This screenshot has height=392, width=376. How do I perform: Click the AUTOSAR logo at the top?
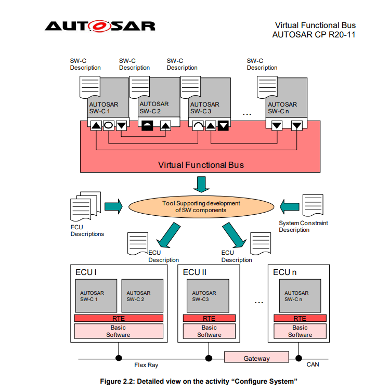(x=100, y=26)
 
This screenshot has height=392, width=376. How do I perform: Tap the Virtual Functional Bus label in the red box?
(x=201, y=165)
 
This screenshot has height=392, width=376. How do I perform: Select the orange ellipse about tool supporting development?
(x=200, y=206)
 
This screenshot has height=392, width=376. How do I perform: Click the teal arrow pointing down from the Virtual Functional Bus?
(x=200, y=184)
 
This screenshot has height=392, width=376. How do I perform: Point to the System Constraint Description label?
(x=303, y=226)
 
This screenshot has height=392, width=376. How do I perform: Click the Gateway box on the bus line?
(x=256, y=358)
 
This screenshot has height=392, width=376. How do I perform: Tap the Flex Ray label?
(x=146, y=365)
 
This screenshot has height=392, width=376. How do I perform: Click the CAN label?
(x=313, y=365)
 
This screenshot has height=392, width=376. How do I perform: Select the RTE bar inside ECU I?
(x=119, y=318)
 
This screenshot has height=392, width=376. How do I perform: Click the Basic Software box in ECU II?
(x=209, y=331)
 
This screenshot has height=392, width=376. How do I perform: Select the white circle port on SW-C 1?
(x=108, y=125)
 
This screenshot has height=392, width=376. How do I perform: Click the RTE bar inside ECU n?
(x=300, y=318)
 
